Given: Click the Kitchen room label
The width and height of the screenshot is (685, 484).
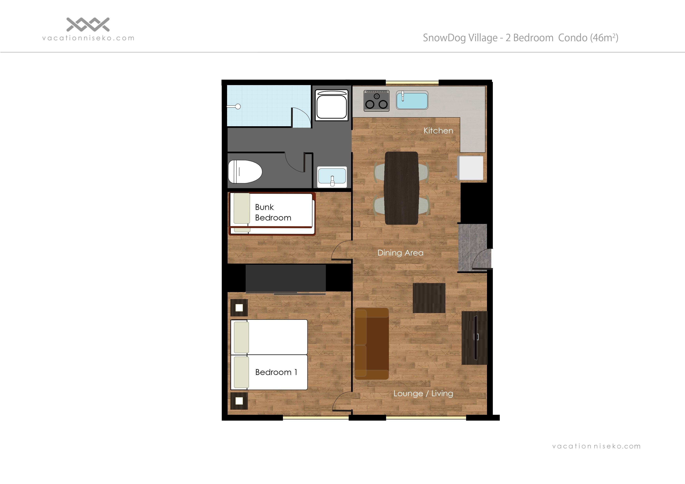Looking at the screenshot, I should pos(438,131).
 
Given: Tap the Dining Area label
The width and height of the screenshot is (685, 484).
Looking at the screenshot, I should pos(400,253).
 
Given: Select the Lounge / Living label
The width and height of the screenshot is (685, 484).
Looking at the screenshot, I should pos(423,393).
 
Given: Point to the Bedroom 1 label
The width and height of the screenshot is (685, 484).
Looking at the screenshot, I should pos(276,372).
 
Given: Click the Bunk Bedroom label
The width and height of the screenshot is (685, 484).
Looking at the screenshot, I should pos(273,212).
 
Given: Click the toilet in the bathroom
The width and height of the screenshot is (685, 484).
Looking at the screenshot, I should pos(245,172).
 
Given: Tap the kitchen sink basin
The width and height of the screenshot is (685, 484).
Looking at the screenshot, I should pos(412,101).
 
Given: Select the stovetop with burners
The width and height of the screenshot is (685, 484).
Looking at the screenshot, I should pos(376,101).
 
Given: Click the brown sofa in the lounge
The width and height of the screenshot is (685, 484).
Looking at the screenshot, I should pos(371,343).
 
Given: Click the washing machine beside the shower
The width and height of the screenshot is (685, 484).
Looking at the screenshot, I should pos(331,105).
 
